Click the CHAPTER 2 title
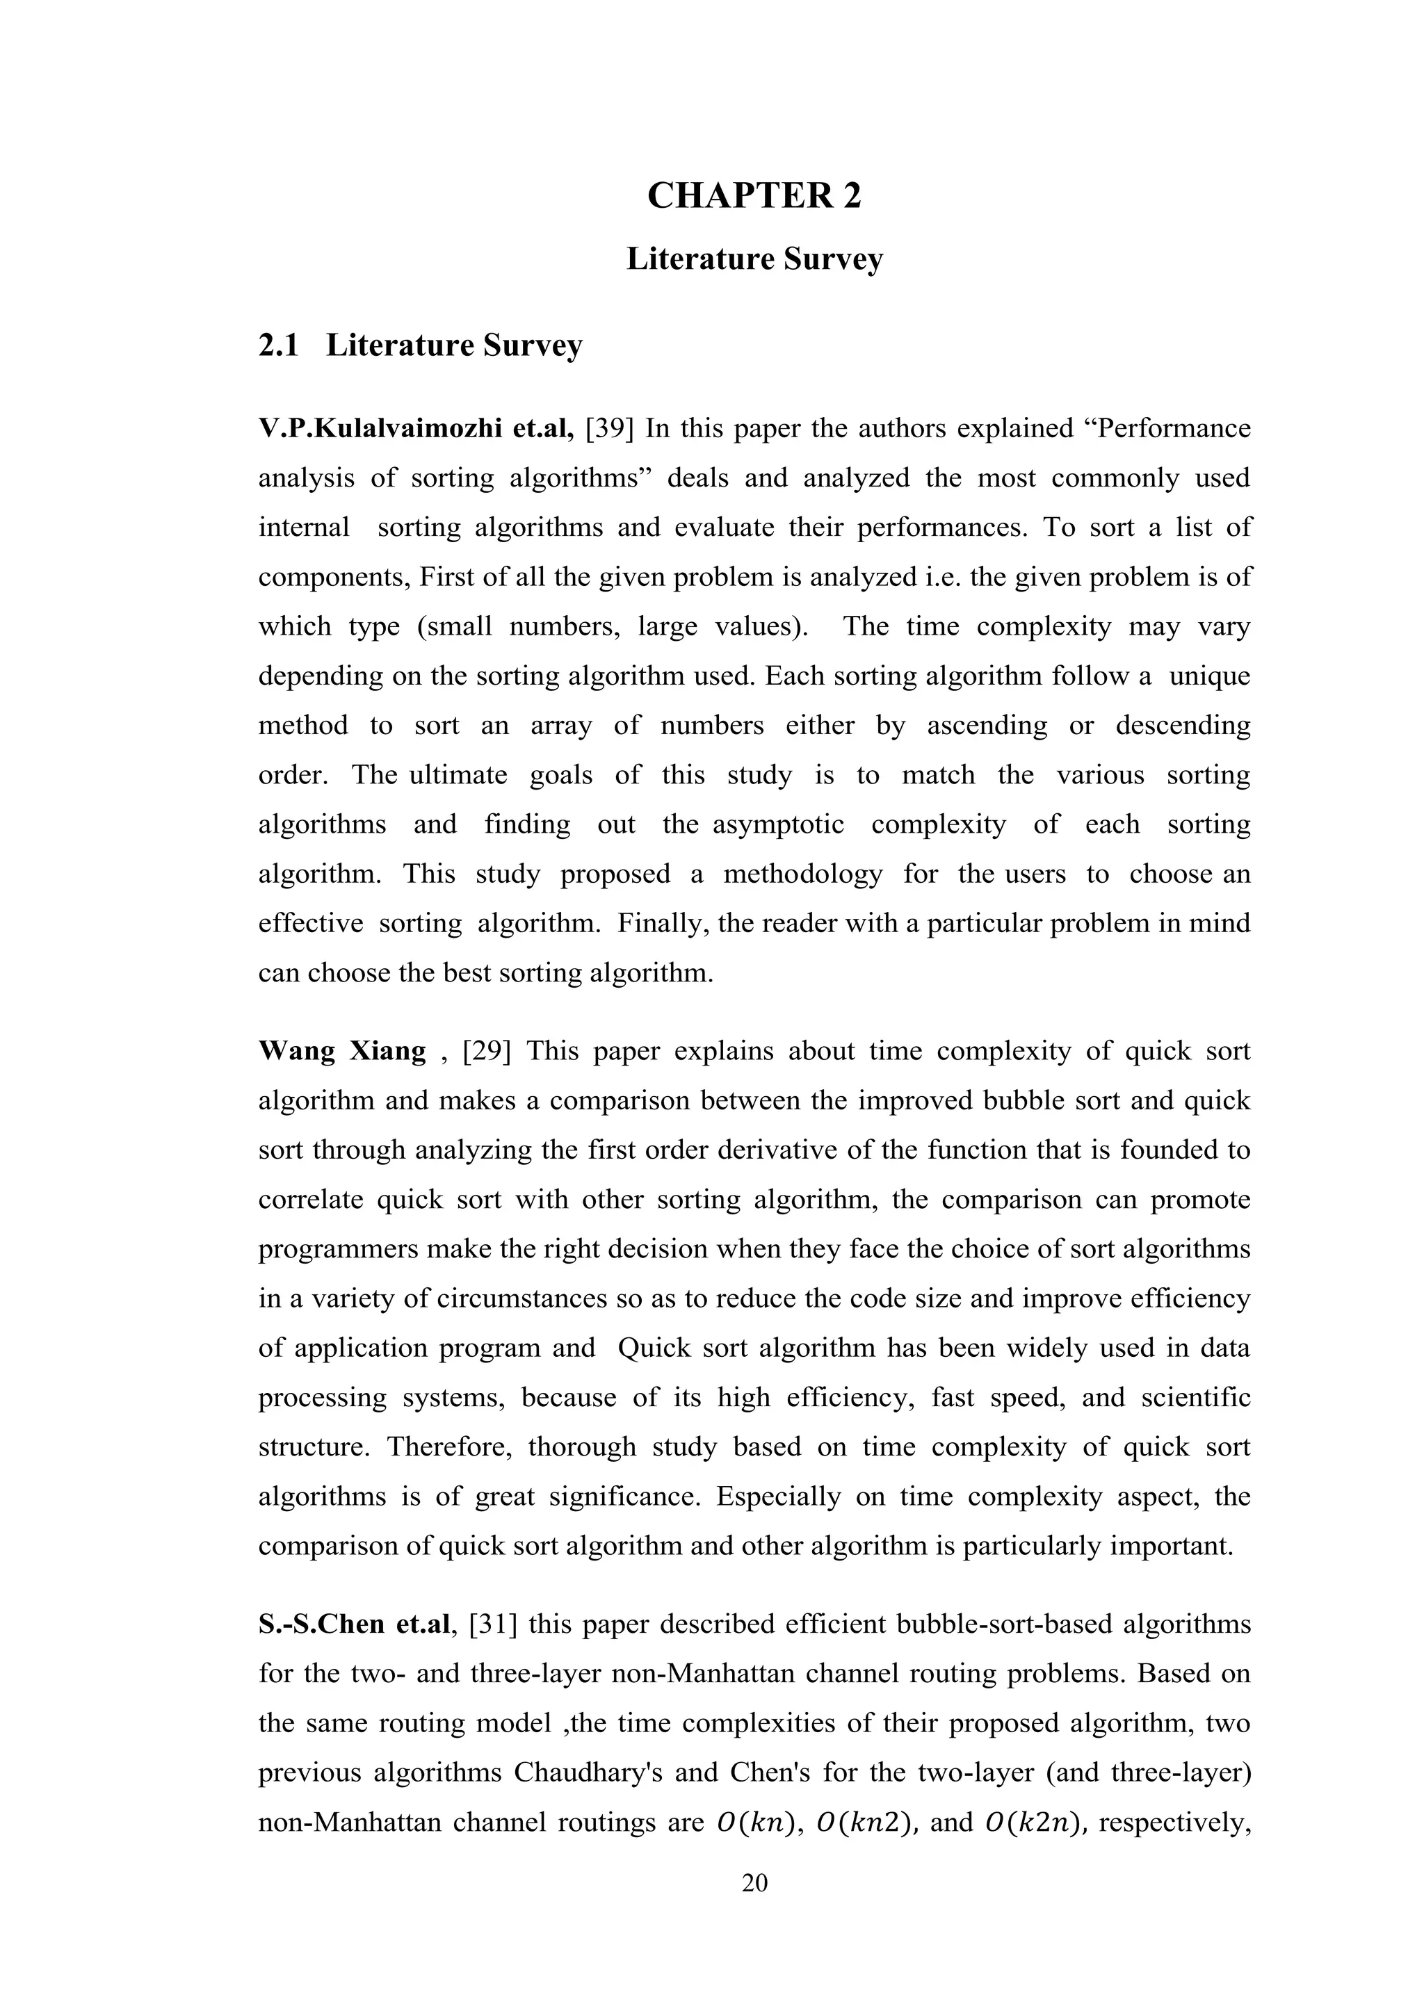[754, 195]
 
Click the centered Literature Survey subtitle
[754, 259]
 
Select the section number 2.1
[278, 345]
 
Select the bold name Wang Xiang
[342, 1050]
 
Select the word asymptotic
[779, 824]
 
